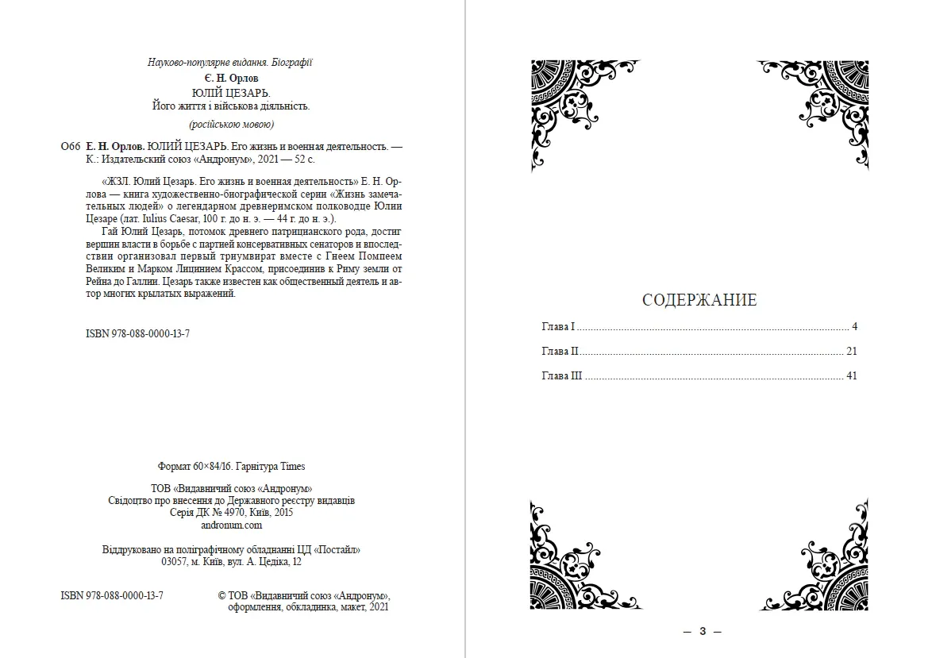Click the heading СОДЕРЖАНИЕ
699,300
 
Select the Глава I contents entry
558,327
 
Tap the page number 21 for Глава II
852,352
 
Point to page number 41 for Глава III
852,376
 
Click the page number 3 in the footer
703,632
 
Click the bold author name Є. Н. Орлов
231,79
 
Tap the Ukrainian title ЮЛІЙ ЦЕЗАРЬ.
231,92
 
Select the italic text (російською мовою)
231,125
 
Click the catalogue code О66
70,147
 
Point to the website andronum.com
231,525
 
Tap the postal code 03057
173,562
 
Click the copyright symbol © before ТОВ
221,595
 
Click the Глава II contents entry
560,352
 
